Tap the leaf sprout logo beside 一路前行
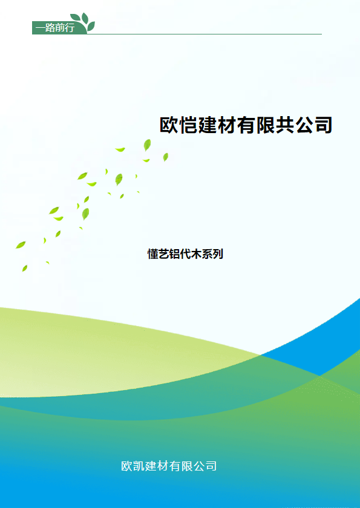[x=83, y=22]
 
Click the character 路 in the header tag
[x=50, y=28]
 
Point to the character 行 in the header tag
[x=70, y=28]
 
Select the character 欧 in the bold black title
[x=169, y=125]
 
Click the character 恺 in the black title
[x=189, y=125]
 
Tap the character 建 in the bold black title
[x=208, y=125]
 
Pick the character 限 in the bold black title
[x=266, y=125]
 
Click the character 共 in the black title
[x=285, y=125]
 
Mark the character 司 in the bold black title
[x=323, y=125]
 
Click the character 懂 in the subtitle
[x=153, y=254]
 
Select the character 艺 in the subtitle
[x=163, y=254]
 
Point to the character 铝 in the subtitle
[x=174, y=254]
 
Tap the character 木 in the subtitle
[x=196, y=254]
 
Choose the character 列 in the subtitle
[x=218, y=254]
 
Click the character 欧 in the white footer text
[x=127, y=466]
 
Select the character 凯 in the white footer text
[x=139, y=466]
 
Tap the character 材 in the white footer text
[x=163, y=466]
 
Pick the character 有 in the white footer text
[x=175, y=466]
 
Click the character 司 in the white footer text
[x=211, y=466]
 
